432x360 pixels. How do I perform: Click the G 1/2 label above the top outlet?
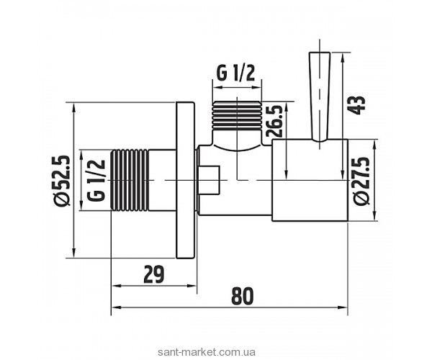(235, 73)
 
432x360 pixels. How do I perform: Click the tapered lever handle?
(317, 94)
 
